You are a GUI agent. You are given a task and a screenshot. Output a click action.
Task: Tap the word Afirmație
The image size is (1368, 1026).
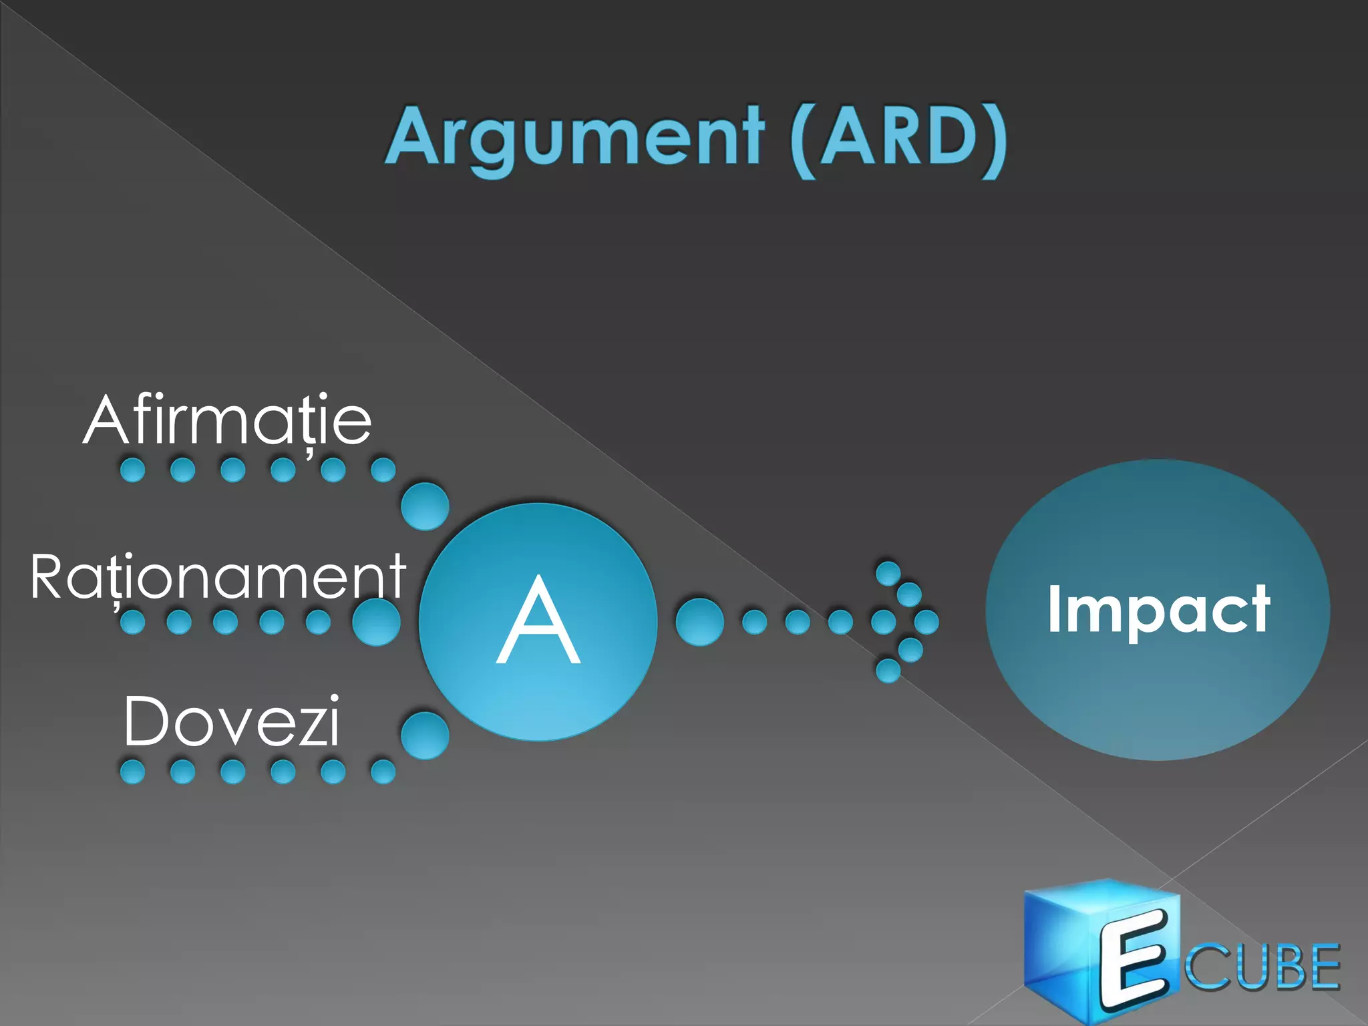coord(227,420)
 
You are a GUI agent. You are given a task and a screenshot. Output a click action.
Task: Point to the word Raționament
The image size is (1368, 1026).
coord(218,577)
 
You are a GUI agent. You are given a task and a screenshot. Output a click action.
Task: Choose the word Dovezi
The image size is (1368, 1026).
coord(232,721)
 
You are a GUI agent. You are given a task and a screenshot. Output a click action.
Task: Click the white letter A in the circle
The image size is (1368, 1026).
coord(538,621)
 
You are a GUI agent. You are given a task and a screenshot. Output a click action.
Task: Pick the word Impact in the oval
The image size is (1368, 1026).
coord(1158,609)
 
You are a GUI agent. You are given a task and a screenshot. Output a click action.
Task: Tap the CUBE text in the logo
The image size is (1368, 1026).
coord(1262,967)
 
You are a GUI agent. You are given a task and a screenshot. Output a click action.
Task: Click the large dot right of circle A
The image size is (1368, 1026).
coord(699,622)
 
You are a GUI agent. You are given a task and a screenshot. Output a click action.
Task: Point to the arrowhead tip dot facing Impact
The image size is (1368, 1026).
coord(926,622)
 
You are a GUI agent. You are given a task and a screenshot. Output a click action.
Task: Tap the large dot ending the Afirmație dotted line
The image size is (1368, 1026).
coord(425,506)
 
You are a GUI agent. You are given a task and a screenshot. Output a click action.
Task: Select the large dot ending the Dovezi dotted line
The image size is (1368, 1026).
coord(425,735)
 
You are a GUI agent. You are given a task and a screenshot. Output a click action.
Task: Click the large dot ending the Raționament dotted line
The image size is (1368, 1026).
coord(376,622)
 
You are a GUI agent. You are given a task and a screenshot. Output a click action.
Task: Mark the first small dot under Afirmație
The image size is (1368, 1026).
coord(132,470)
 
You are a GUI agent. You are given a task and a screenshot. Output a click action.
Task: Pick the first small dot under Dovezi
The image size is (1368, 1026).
coord(132,772)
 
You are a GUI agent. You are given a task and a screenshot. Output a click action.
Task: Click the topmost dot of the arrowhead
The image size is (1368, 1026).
coord(888,573)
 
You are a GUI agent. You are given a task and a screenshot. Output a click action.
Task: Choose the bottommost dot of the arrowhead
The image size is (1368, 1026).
coord(888,670)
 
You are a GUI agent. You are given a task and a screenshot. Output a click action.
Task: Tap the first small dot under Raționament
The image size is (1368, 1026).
coord(132,622)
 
